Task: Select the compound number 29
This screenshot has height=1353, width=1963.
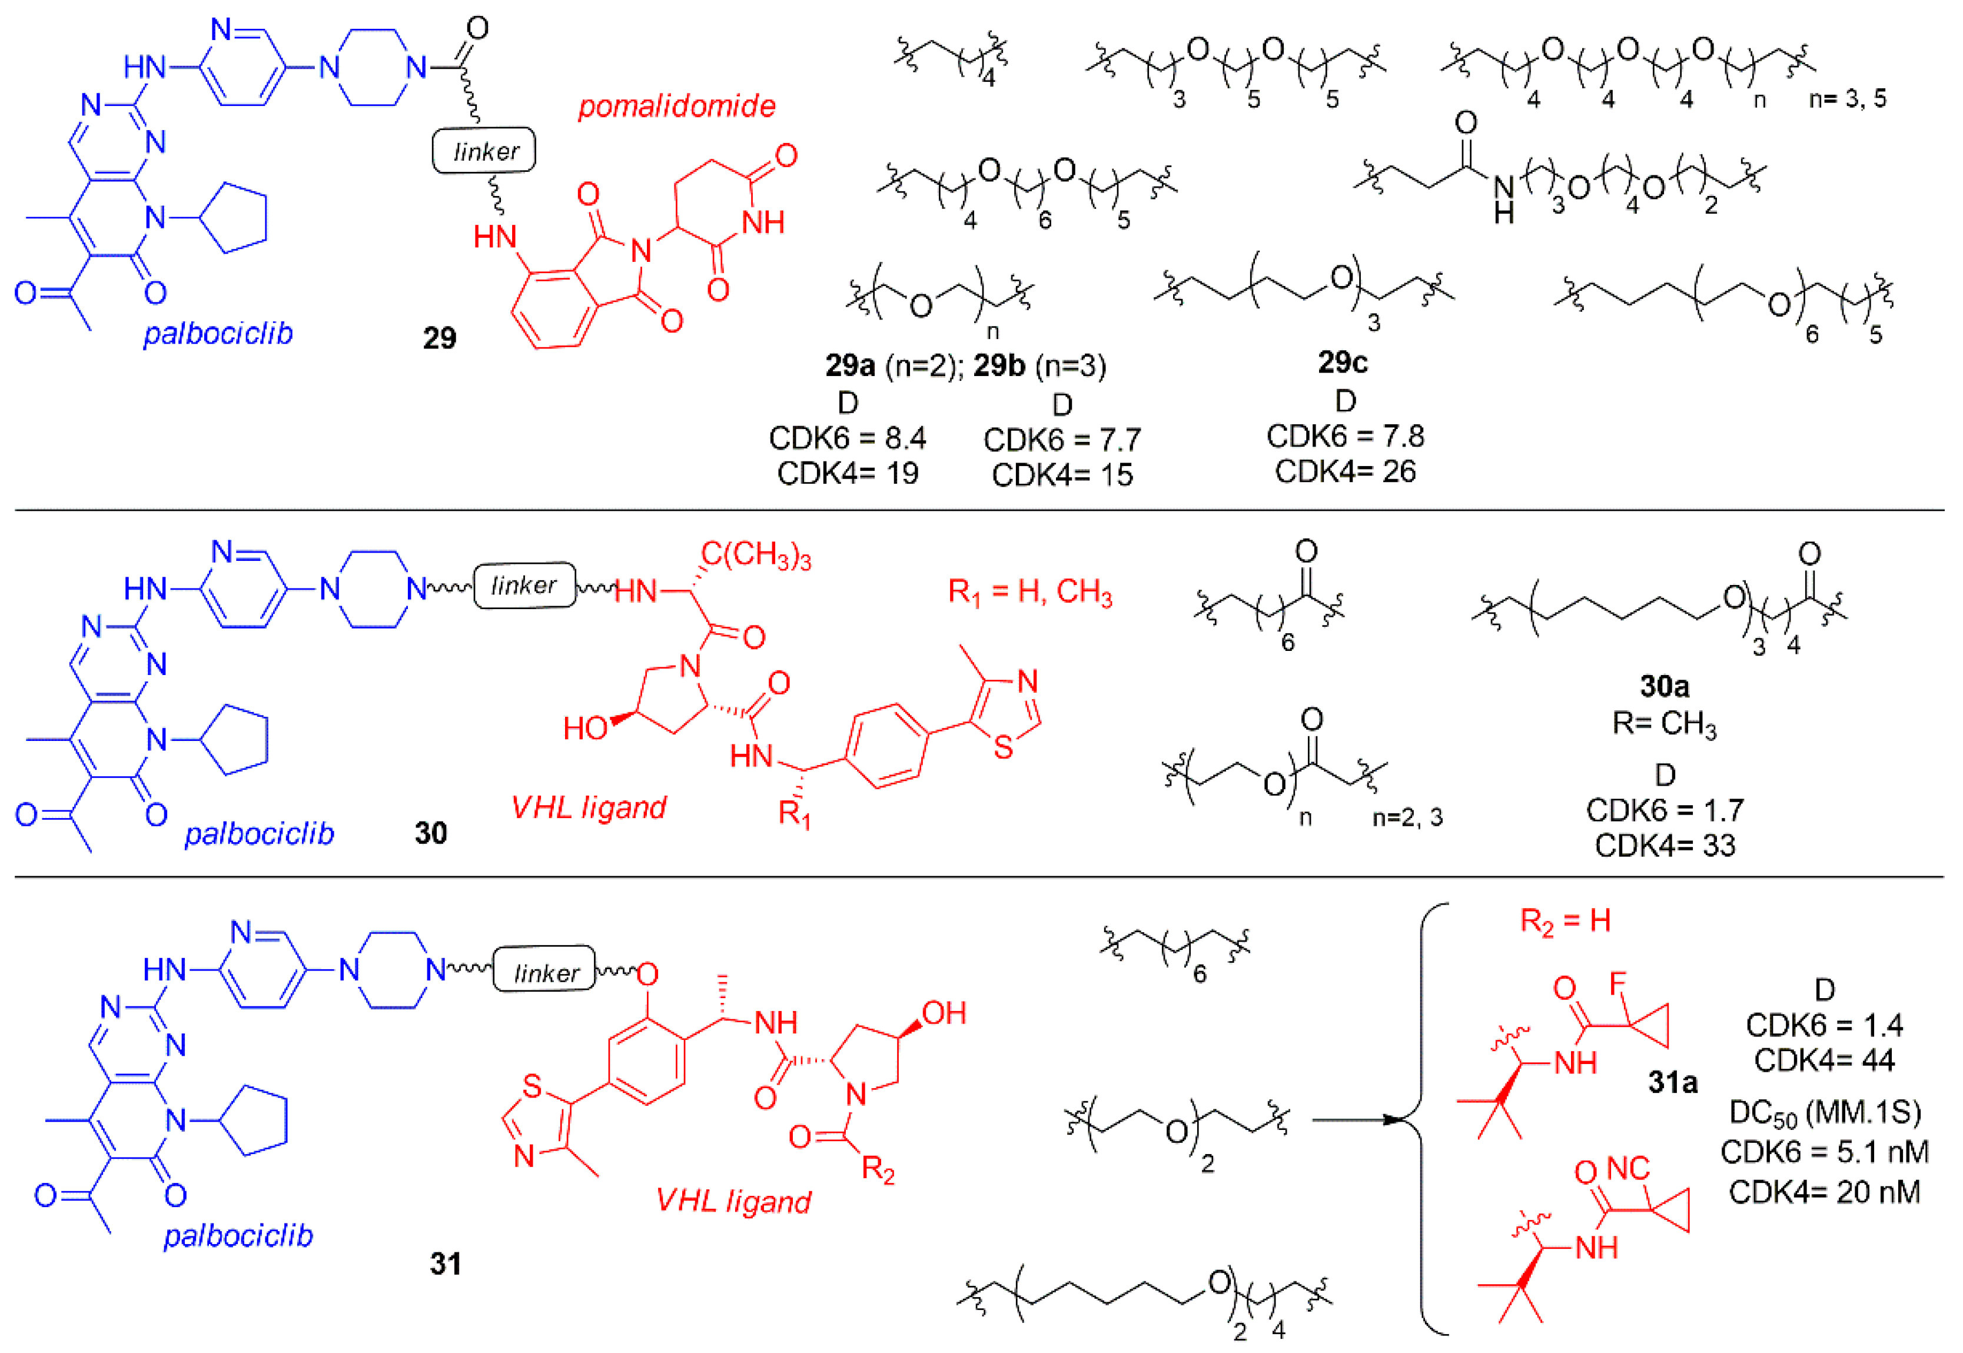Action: [439, 338]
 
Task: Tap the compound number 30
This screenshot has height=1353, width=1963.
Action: [431, 833]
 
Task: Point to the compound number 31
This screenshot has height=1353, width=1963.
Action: [445, 1264]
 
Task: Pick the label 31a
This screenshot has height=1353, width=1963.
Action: [1672, 1082]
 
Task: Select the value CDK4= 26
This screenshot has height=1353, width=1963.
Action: [1345, 471]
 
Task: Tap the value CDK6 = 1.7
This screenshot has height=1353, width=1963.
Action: [1665, 810]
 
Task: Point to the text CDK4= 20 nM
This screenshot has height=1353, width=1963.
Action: [1824, 1192]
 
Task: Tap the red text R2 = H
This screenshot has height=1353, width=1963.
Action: [1565, 920]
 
